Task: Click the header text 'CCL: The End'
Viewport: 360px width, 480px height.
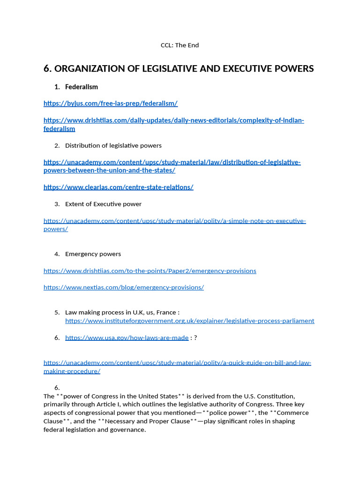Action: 180,45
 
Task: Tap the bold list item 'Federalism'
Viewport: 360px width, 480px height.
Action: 82,87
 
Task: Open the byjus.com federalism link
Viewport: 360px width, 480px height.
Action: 111,103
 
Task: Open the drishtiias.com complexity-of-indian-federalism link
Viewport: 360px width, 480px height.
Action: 173,120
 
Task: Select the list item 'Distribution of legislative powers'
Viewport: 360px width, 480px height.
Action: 113,145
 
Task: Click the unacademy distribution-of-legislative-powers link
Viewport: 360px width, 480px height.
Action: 172,162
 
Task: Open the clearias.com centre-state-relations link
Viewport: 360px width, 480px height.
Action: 118,187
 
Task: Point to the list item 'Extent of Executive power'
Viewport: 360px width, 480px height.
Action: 103,204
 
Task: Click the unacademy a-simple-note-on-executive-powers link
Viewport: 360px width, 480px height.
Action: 174,221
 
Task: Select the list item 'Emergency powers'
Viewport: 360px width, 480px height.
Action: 93,254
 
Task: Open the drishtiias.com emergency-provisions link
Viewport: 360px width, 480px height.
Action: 150,271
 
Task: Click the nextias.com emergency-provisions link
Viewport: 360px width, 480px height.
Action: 123,287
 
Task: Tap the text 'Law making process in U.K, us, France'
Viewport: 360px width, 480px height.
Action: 122,312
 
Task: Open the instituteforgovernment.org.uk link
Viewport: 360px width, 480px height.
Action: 189,321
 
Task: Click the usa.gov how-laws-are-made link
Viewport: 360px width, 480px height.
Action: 127,337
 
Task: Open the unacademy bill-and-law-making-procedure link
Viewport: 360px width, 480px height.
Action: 177,363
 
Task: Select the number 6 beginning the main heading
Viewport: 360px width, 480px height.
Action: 47,69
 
